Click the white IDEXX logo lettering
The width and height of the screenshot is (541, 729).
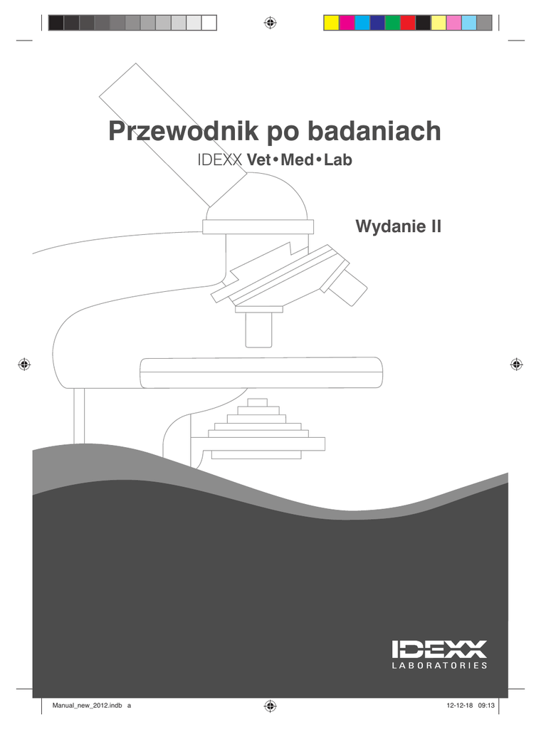pyautogui.click(x=439, y=649)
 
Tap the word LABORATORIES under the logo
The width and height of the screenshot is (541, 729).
pyautogui.click(x=439, y=666)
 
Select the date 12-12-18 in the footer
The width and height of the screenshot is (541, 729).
pyautogui.click(x=460, y=706)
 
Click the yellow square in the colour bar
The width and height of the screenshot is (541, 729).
pyautogui.click(x=331, y=23)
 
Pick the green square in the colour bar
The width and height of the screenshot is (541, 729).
pyautogui.click(x=392, y=23)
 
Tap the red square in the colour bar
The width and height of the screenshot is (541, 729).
pyautogui.click(x=408, y=23)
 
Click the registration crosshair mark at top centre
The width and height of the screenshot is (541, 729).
pyautogui.click(x=270, y=23)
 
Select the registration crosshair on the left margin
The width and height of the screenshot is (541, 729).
pyautogui.click(x=24, y=364)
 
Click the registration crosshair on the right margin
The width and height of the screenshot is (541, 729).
pyautogui.click(x=517, y=364)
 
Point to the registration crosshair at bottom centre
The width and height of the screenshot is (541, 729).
pyautogui.click(x=270, y=706)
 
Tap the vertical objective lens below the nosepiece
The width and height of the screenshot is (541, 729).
pyautogui.click(x=258, y=329)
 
